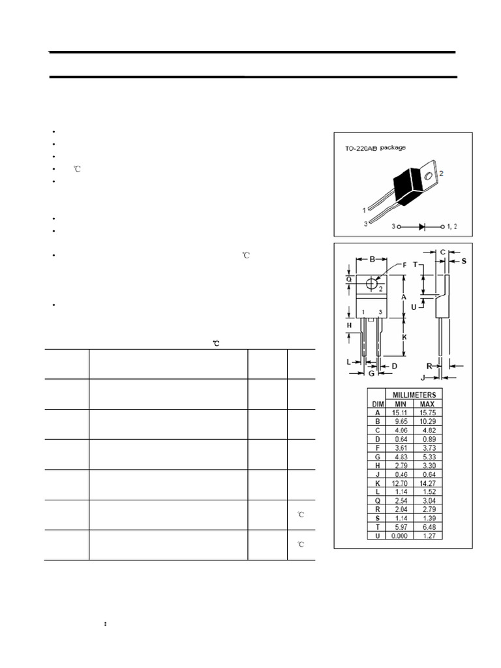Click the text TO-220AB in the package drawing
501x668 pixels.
click(x=361, y=148)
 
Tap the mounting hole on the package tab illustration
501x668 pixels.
click(x=427, y=174)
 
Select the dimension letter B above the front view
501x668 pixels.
click(x=372, y=259)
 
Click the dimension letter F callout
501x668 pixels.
click(x=404, y=265)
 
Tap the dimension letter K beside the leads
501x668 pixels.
click(x=404, y=337)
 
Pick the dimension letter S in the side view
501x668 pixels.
click(x=464, y=261)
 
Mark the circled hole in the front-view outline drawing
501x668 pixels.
click(x=372, y=284)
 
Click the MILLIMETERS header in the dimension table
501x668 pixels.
click(x=414, y=395)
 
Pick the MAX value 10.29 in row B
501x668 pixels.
click(x=428, y=422)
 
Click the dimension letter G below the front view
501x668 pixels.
click(x=371, y=374)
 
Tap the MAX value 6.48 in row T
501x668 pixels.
click(x=428, y=526)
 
